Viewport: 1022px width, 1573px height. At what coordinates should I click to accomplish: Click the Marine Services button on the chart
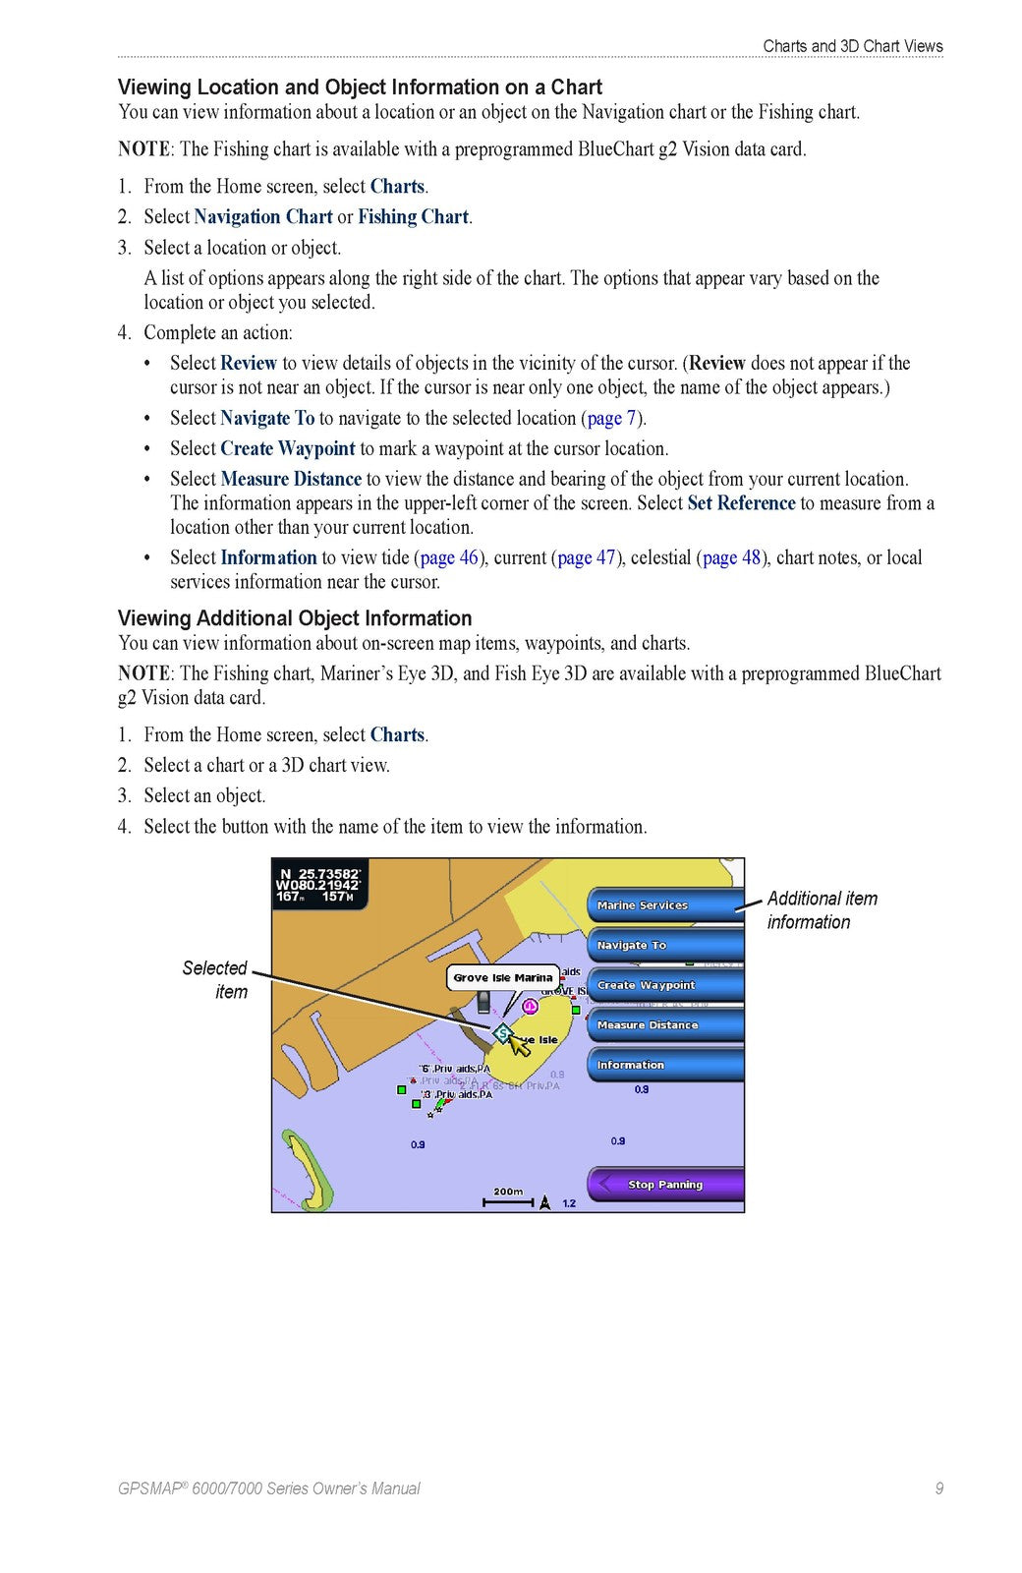point(664,904)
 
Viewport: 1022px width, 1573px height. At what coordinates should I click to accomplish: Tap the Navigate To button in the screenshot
point(664,945)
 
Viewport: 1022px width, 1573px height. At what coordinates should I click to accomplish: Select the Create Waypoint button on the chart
point(664,985)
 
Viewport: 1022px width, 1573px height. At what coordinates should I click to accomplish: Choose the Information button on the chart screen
point(664,1065)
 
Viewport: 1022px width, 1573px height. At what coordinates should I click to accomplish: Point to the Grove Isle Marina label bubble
point(503,978)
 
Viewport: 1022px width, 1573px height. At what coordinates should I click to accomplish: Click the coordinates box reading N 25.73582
point(318,885)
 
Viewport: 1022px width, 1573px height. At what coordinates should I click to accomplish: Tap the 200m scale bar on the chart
point(508,1197)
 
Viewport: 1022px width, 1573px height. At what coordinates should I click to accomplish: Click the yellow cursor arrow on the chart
point(519,1043)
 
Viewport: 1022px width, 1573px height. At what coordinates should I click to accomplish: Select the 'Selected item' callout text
point(215,979)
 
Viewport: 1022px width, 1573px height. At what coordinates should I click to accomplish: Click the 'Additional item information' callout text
point(822,910)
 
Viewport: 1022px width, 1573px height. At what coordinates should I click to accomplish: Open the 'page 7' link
point(611,419)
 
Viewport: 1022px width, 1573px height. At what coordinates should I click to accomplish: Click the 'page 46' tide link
point(449,558)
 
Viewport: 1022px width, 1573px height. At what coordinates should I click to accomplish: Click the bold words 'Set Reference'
point(741,503)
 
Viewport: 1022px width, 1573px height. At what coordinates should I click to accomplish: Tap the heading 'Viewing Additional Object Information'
point(295,618)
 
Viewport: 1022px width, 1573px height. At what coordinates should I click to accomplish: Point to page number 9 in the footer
point(938,1488)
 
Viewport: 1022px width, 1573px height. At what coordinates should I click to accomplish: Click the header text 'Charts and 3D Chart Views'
point(852,46)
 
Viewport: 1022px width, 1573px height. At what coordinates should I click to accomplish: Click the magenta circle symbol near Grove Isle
point(530,1006)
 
